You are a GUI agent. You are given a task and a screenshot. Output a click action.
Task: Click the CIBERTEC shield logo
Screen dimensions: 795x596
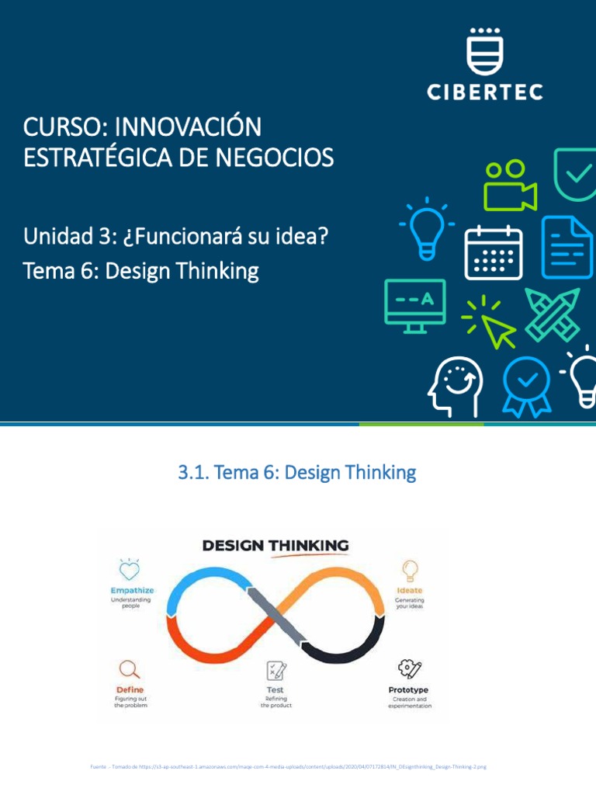point(485,51)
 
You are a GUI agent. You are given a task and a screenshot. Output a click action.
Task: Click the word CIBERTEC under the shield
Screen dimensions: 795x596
point(485,92)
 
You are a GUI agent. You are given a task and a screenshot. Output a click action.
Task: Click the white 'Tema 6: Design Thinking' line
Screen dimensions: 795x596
point(140,271)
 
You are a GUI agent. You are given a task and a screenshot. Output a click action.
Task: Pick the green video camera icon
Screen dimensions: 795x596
point(508,186)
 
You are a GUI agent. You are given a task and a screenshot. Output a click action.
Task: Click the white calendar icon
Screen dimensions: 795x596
point(493,251)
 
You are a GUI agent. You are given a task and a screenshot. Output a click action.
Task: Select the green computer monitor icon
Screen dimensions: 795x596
point(415,305)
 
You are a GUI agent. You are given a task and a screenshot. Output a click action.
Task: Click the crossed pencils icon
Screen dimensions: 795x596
point(552,314)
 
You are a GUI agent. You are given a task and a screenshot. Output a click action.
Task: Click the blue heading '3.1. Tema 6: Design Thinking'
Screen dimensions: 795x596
point(297,472)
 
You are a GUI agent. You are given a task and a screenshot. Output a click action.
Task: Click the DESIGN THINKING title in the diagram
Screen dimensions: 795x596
point(275,546)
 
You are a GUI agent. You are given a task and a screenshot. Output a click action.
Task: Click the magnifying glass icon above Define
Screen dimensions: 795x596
point(130,668)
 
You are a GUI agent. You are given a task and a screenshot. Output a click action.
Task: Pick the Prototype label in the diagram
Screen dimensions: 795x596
point(408,689)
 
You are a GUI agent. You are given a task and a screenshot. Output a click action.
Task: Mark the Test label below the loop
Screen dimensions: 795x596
point(275,689)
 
